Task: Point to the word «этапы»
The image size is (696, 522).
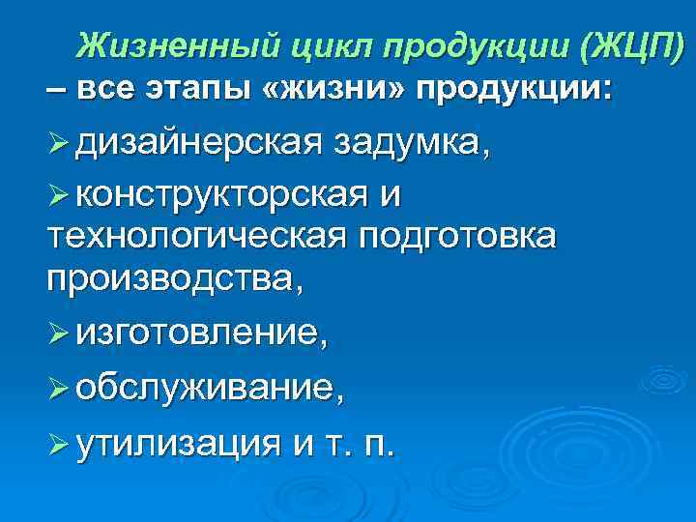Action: coord(200,90)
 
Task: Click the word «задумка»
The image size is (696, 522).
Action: coord(410,145)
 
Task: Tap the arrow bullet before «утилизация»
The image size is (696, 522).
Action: coord(59,446)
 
